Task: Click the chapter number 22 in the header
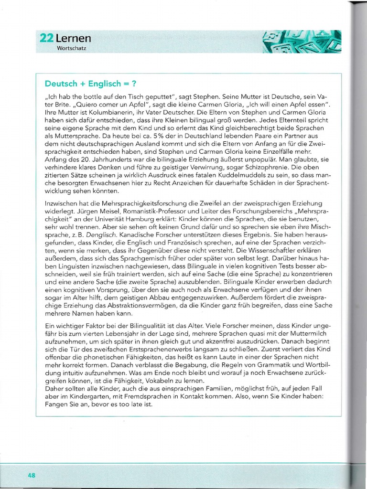click(x=46, y=38)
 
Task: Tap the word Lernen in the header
click(x=73, y=38)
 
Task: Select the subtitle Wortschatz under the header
click(x=72, y=49)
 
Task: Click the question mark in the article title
click(x=134, y=84)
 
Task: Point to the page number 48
click(x=32, y=475)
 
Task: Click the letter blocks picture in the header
click(x=302, y=41)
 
